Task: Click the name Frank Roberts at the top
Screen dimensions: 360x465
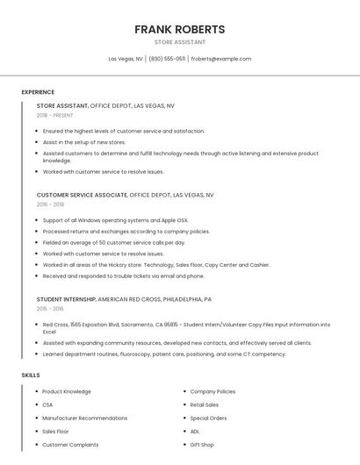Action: [179, 29]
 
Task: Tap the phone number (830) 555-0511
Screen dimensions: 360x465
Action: [167, 59]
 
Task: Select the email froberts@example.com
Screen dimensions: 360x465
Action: [221, 59]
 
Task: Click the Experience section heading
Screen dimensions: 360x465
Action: [38, 92]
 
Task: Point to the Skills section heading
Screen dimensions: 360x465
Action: [31, 375]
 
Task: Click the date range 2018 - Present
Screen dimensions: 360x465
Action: [54, 115]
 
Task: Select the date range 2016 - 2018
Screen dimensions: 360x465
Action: [50, 204]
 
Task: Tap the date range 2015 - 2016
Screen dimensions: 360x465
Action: [50, 309]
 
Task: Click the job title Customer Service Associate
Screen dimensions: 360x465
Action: [82, 195]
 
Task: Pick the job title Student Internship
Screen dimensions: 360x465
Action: [66, 299]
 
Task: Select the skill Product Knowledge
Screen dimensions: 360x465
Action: [67, 391]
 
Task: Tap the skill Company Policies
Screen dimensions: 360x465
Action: [212, 391]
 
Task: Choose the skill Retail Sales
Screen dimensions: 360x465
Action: [205, 404]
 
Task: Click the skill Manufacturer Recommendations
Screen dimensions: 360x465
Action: [85, 418]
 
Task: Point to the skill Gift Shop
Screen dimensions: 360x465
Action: [202, 445]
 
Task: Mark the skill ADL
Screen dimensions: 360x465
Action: [195, 432]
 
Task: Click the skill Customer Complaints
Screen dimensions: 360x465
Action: [70, 445]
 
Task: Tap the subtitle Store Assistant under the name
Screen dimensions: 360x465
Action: [179, 42]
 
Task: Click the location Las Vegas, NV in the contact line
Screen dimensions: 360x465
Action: [126, 59]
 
